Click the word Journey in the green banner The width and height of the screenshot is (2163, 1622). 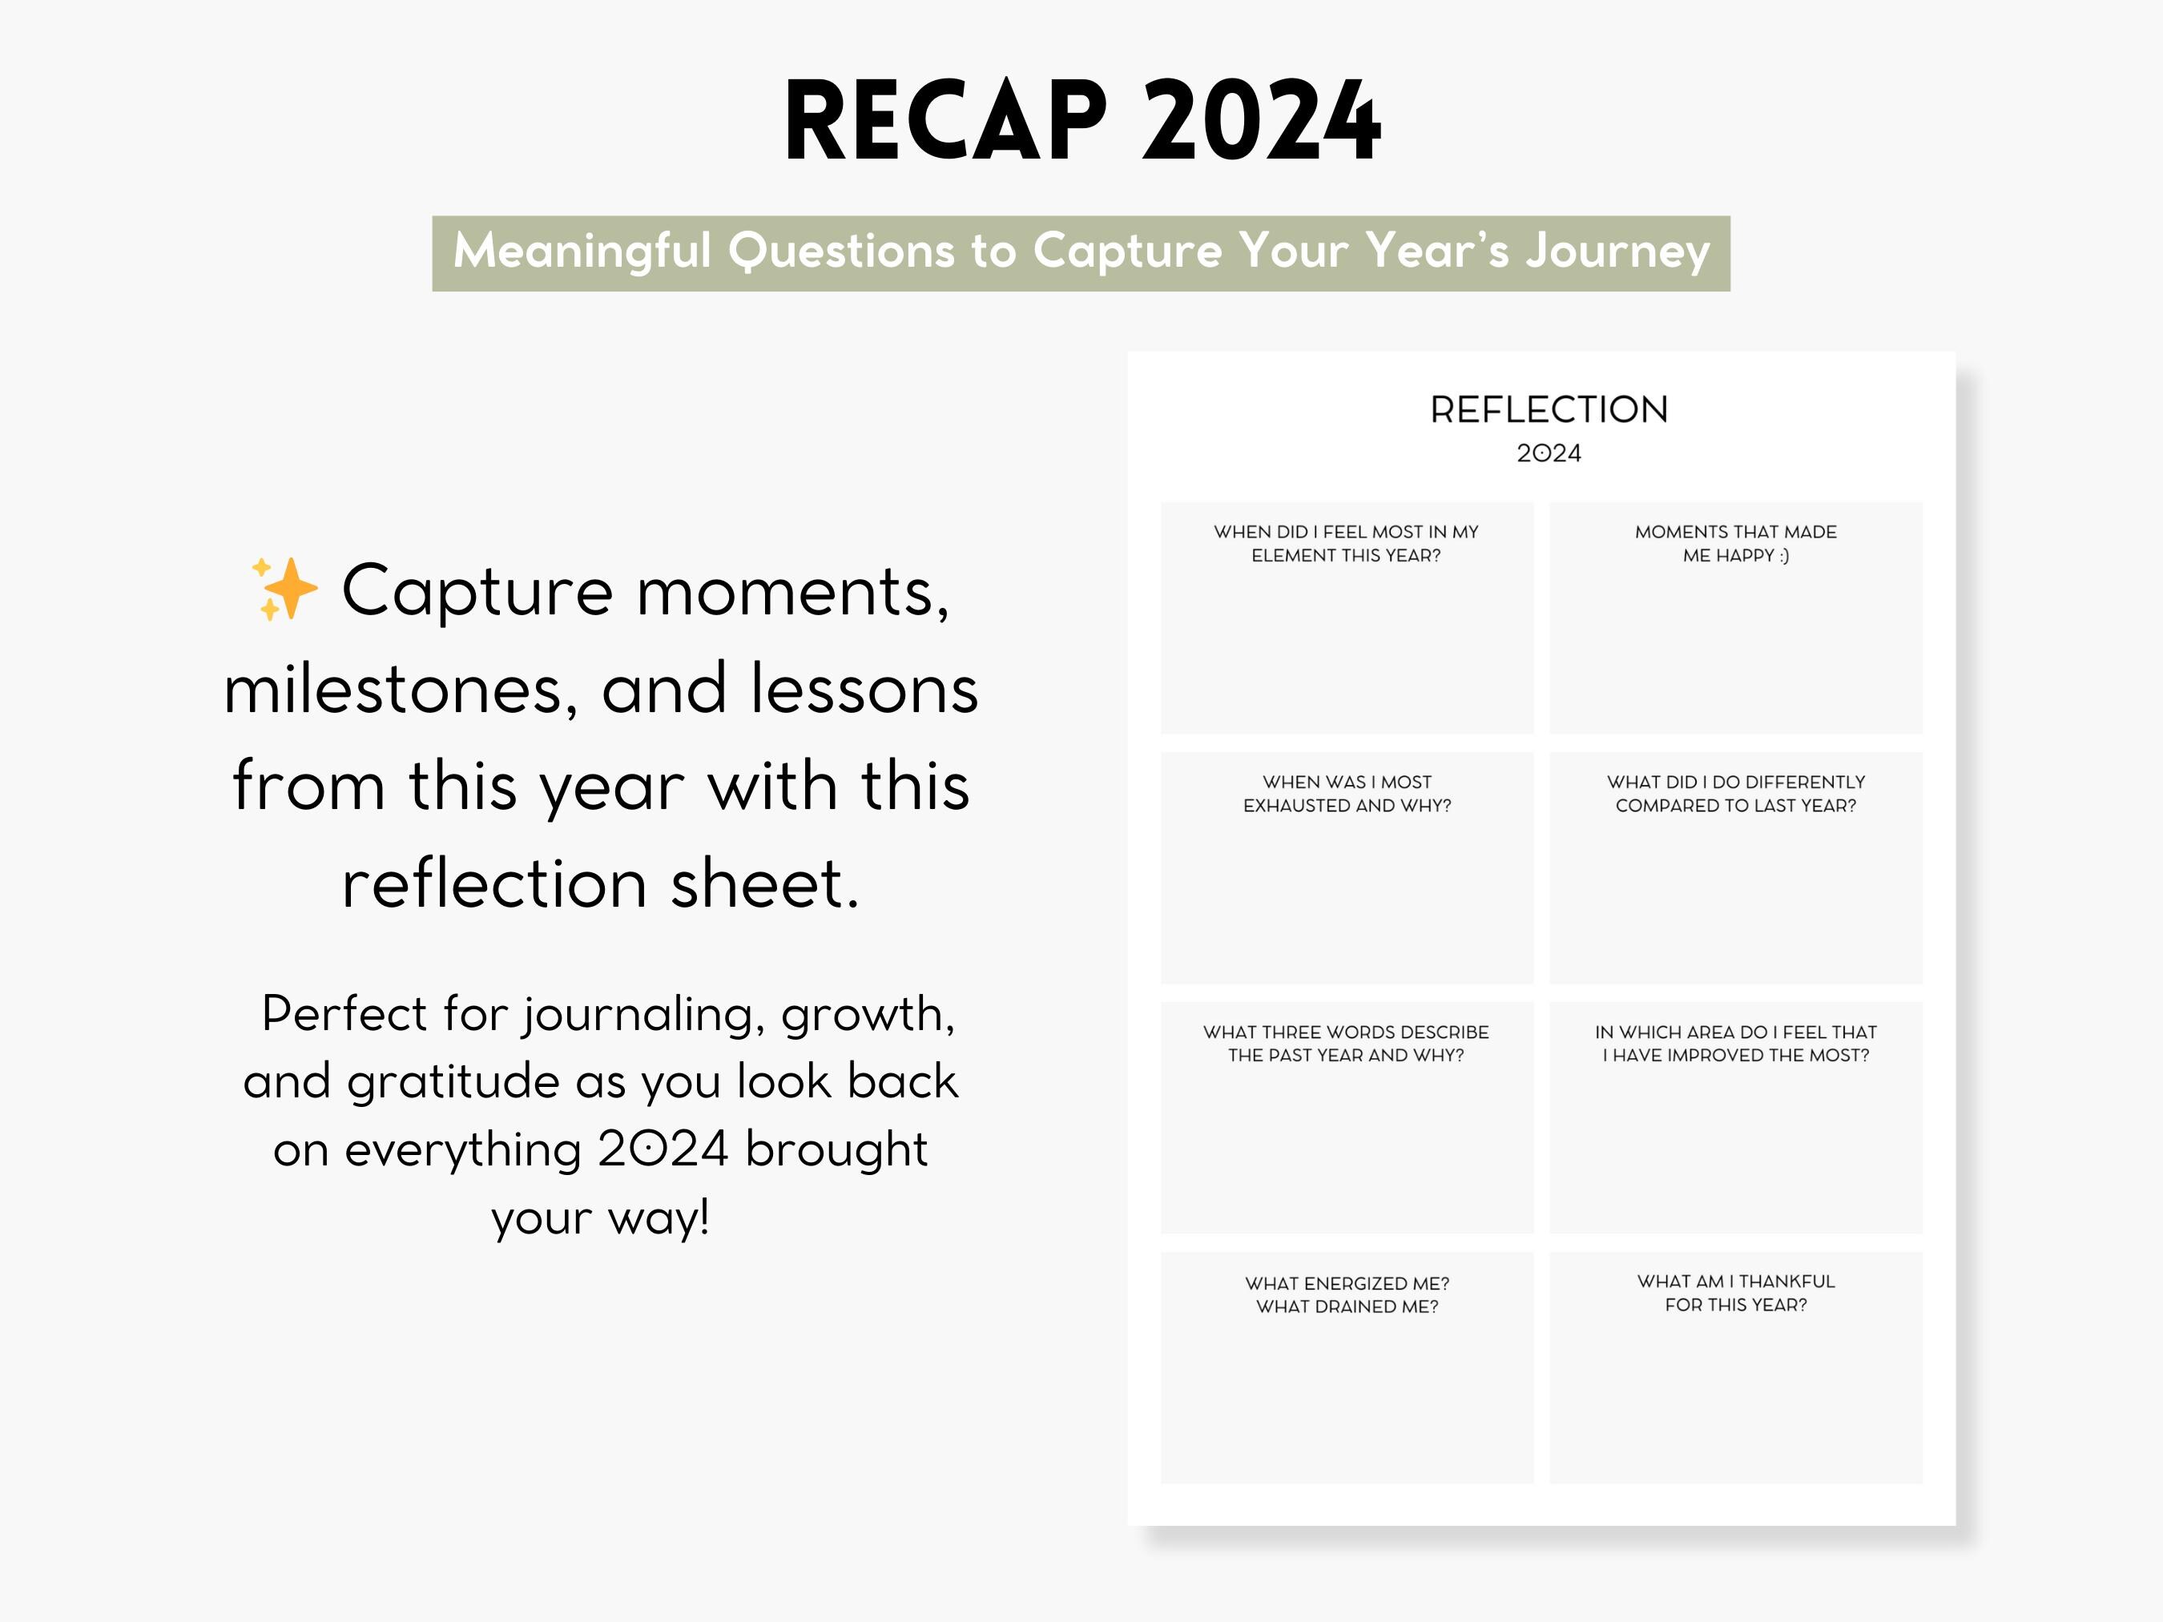coord(1617,252)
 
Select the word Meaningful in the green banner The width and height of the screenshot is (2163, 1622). coord(582,252)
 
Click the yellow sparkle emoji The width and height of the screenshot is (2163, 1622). coord(284,590)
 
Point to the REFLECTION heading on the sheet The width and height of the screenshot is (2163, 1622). coord(1549,409)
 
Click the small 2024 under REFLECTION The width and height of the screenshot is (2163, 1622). coord(1549,453)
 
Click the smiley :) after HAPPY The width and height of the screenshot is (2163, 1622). coord(1783,555)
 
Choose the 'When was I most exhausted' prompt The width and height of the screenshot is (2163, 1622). coord(1347,794)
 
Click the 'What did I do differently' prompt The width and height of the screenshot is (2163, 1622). coord(1736,794)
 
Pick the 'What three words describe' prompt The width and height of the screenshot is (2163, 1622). coord(1346,1043)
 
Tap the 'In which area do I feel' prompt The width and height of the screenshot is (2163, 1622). coord(1736,1043)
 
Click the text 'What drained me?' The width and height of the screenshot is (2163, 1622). coord(1347,1306)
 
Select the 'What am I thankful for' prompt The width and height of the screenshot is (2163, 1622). coord(1736,1293)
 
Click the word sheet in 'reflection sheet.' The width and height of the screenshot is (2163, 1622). coord(765,883)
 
